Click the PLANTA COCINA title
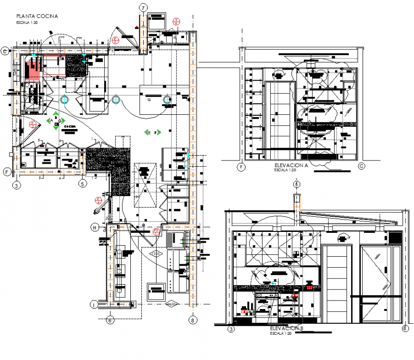pos(37,16)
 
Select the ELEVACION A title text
pos(292,165)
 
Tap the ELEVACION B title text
pos(286,329)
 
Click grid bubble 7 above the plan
pos(143,7)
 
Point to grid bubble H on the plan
pos(95,228)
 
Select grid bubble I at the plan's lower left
pos(94,304)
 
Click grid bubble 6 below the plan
pos(110,320)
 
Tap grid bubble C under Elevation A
pos(361,166)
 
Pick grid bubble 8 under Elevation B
pos(404,328)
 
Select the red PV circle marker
pos(156,231)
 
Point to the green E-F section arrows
pos(154,132)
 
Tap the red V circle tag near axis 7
pos(177,21)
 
